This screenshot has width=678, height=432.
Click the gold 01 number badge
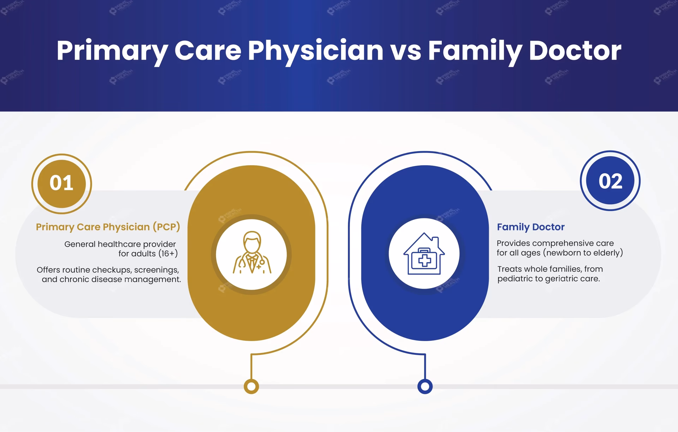pyautogui.click(x=61, y=184)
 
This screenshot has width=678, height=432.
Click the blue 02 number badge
pyautogui.click(x=610, y=181)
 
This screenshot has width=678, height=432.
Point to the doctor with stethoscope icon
pyautogui.click(x=252, y=254)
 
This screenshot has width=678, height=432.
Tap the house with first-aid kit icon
pyautogui.click(x=424, y=254)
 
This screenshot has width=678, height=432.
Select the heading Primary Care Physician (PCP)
pyautogui.click(x=108, y=227)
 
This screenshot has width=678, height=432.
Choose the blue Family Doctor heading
pyautogui.click(x=530, y=227)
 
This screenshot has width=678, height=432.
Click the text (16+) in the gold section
pyautogui.click(x=168, y=254)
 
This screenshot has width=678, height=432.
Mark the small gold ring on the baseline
pyautogui.click(x=251, y=386)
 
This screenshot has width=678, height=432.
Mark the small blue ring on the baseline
pyautogui.click(x=425, y=386)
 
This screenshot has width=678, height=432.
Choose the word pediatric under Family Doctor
pyautogui.click(x=515, y=279)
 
